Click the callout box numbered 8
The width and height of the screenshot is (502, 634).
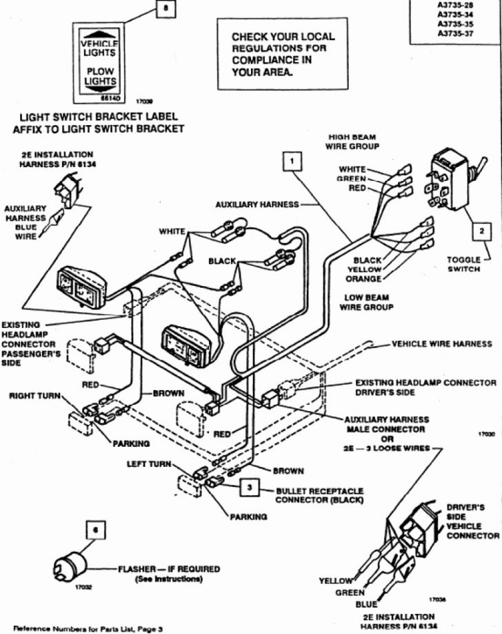pos(163,9)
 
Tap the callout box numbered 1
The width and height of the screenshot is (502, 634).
pos(293,161)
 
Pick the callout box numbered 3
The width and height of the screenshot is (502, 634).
pos(250,488)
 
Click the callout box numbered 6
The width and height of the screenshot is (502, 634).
pos(95,530)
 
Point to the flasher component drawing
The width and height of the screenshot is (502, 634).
pos(70,567)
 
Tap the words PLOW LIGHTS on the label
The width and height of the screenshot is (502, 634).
pos(100,77)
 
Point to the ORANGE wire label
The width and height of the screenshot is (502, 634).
pos(363,279)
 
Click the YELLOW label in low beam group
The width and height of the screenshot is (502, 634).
pos(364,269)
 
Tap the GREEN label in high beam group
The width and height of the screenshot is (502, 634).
pos(351,178)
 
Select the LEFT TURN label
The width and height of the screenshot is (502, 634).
pos(148,464)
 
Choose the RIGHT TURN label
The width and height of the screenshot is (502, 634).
pos(34,396)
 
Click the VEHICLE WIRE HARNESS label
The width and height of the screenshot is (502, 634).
pos(442,343)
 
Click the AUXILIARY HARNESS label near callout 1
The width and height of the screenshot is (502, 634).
pos(257,204)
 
